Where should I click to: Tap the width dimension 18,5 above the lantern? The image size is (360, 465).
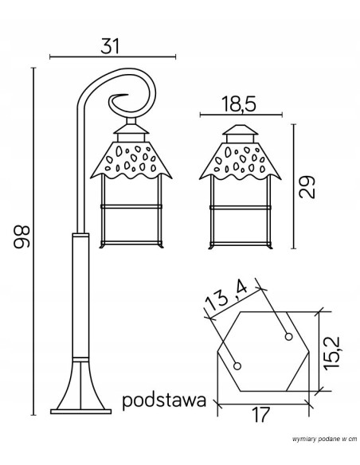[x=241, y=104]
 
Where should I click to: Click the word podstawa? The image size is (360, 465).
[x=165, y=400]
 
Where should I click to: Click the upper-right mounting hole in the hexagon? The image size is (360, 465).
[x=285, y=336]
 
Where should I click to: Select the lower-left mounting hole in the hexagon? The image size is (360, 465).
[x=237, y=365]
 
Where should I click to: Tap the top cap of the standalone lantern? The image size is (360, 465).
[x=239, y=131]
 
